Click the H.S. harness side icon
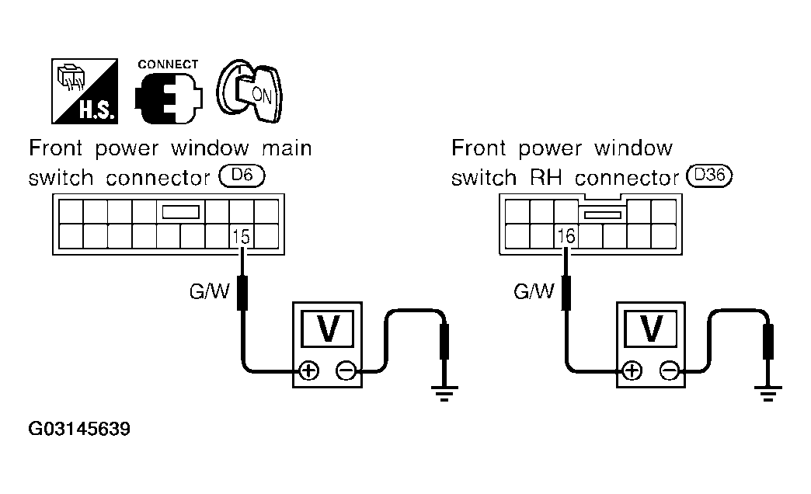tap(85, 91)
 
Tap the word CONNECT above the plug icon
tap(168, 64)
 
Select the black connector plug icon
tap(169, 98)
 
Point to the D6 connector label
tap(242, 176)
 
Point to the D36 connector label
tap(710, 176)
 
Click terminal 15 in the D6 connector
tap(241, 236)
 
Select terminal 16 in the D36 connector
tap(566, 236)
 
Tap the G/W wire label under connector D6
tap(209, 291)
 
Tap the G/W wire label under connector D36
tap(533, 291)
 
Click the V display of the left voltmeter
tap(327, 329)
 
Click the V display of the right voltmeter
tap(651, 329)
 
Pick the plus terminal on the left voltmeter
tap(308, 370)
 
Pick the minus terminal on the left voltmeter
tap(346, 370)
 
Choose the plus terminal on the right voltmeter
tap(632, 370)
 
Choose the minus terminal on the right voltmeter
tap(670, 370)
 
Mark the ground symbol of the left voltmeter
tap(444, 393)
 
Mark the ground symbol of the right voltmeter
tap(768, 393)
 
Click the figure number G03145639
tap(79, 429)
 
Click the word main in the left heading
tap(287, 148)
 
